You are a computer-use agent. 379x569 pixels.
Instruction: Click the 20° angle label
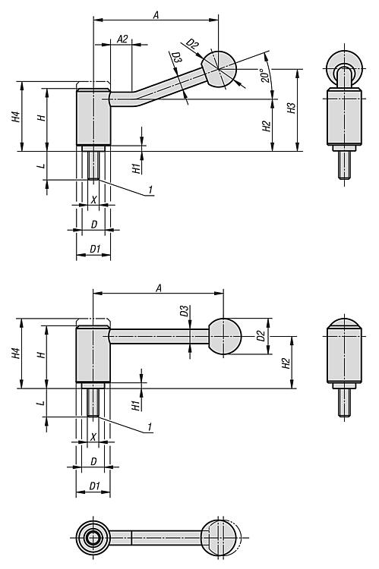point(265,75)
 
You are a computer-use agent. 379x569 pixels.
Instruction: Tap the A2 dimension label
point(123,39)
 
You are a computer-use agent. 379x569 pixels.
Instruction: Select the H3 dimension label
point(292,108)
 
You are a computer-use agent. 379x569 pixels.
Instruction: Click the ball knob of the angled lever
point(219,69)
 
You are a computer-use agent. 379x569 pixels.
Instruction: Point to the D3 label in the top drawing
point(176,58)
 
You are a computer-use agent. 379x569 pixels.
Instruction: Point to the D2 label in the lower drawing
point(261,335)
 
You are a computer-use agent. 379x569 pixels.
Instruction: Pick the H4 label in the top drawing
point(16,117)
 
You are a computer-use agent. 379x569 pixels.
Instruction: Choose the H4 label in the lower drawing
point(16,354)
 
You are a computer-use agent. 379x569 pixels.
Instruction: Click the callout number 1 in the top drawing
point(150,190)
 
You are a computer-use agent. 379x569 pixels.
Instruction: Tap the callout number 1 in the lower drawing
point(150,426)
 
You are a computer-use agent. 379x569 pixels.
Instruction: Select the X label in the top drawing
point(93,200)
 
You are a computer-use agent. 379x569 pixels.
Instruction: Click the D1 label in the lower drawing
point(94,486)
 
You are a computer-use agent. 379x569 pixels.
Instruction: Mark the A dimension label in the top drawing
point(156,15)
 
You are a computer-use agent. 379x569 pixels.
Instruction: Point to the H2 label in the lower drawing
point(286,363)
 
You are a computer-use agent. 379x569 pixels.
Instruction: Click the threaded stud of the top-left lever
point(93,165)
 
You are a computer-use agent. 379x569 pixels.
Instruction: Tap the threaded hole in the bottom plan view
point(93,537)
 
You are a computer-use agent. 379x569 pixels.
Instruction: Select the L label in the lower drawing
point(42,403)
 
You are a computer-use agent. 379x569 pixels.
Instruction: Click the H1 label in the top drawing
point(136,168)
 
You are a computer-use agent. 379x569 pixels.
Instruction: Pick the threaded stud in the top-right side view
point(344,165)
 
